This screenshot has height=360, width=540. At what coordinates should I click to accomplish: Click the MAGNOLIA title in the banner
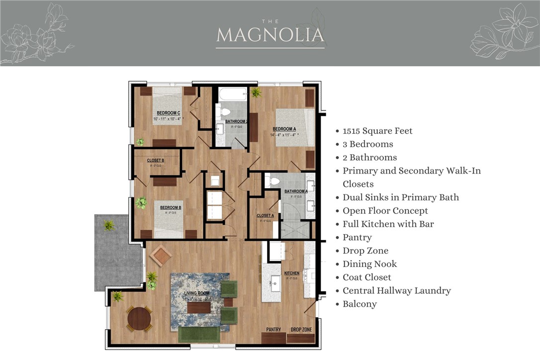tap(270, 35)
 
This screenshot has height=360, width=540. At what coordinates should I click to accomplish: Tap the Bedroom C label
tap(169, 113)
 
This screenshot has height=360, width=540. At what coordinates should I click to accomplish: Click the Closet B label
tap(156, 161)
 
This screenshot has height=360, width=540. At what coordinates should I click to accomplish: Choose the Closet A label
tap(265, 216)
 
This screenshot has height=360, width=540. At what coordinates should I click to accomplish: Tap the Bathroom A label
tap(296, 191)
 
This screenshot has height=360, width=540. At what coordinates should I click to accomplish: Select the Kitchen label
tap(292, 273)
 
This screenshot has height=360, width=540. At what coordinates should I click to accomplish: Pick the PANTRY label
tap(273, 330)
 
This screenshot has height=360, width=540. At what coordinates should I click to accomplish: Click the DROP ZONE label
tap(301, 330)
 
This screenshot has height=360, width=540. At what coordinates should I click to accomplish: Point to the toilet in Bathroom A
tap(271, 180)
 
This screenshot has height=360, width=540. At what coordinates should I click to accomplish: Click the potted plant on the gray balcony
tap(108, 225)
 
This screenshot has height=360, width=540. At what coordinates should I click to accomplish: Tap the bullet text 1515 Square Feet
tap(377, 131)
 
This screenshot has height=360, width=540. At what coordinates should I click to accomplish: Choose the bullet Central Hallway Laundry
tap(396, 290)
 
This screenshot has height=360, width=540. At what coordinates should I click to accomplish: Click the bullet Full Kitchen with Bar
tap(388, 224)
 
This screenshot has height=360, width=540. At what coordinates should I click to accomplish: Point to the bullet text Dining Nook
tap(369, 264)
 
